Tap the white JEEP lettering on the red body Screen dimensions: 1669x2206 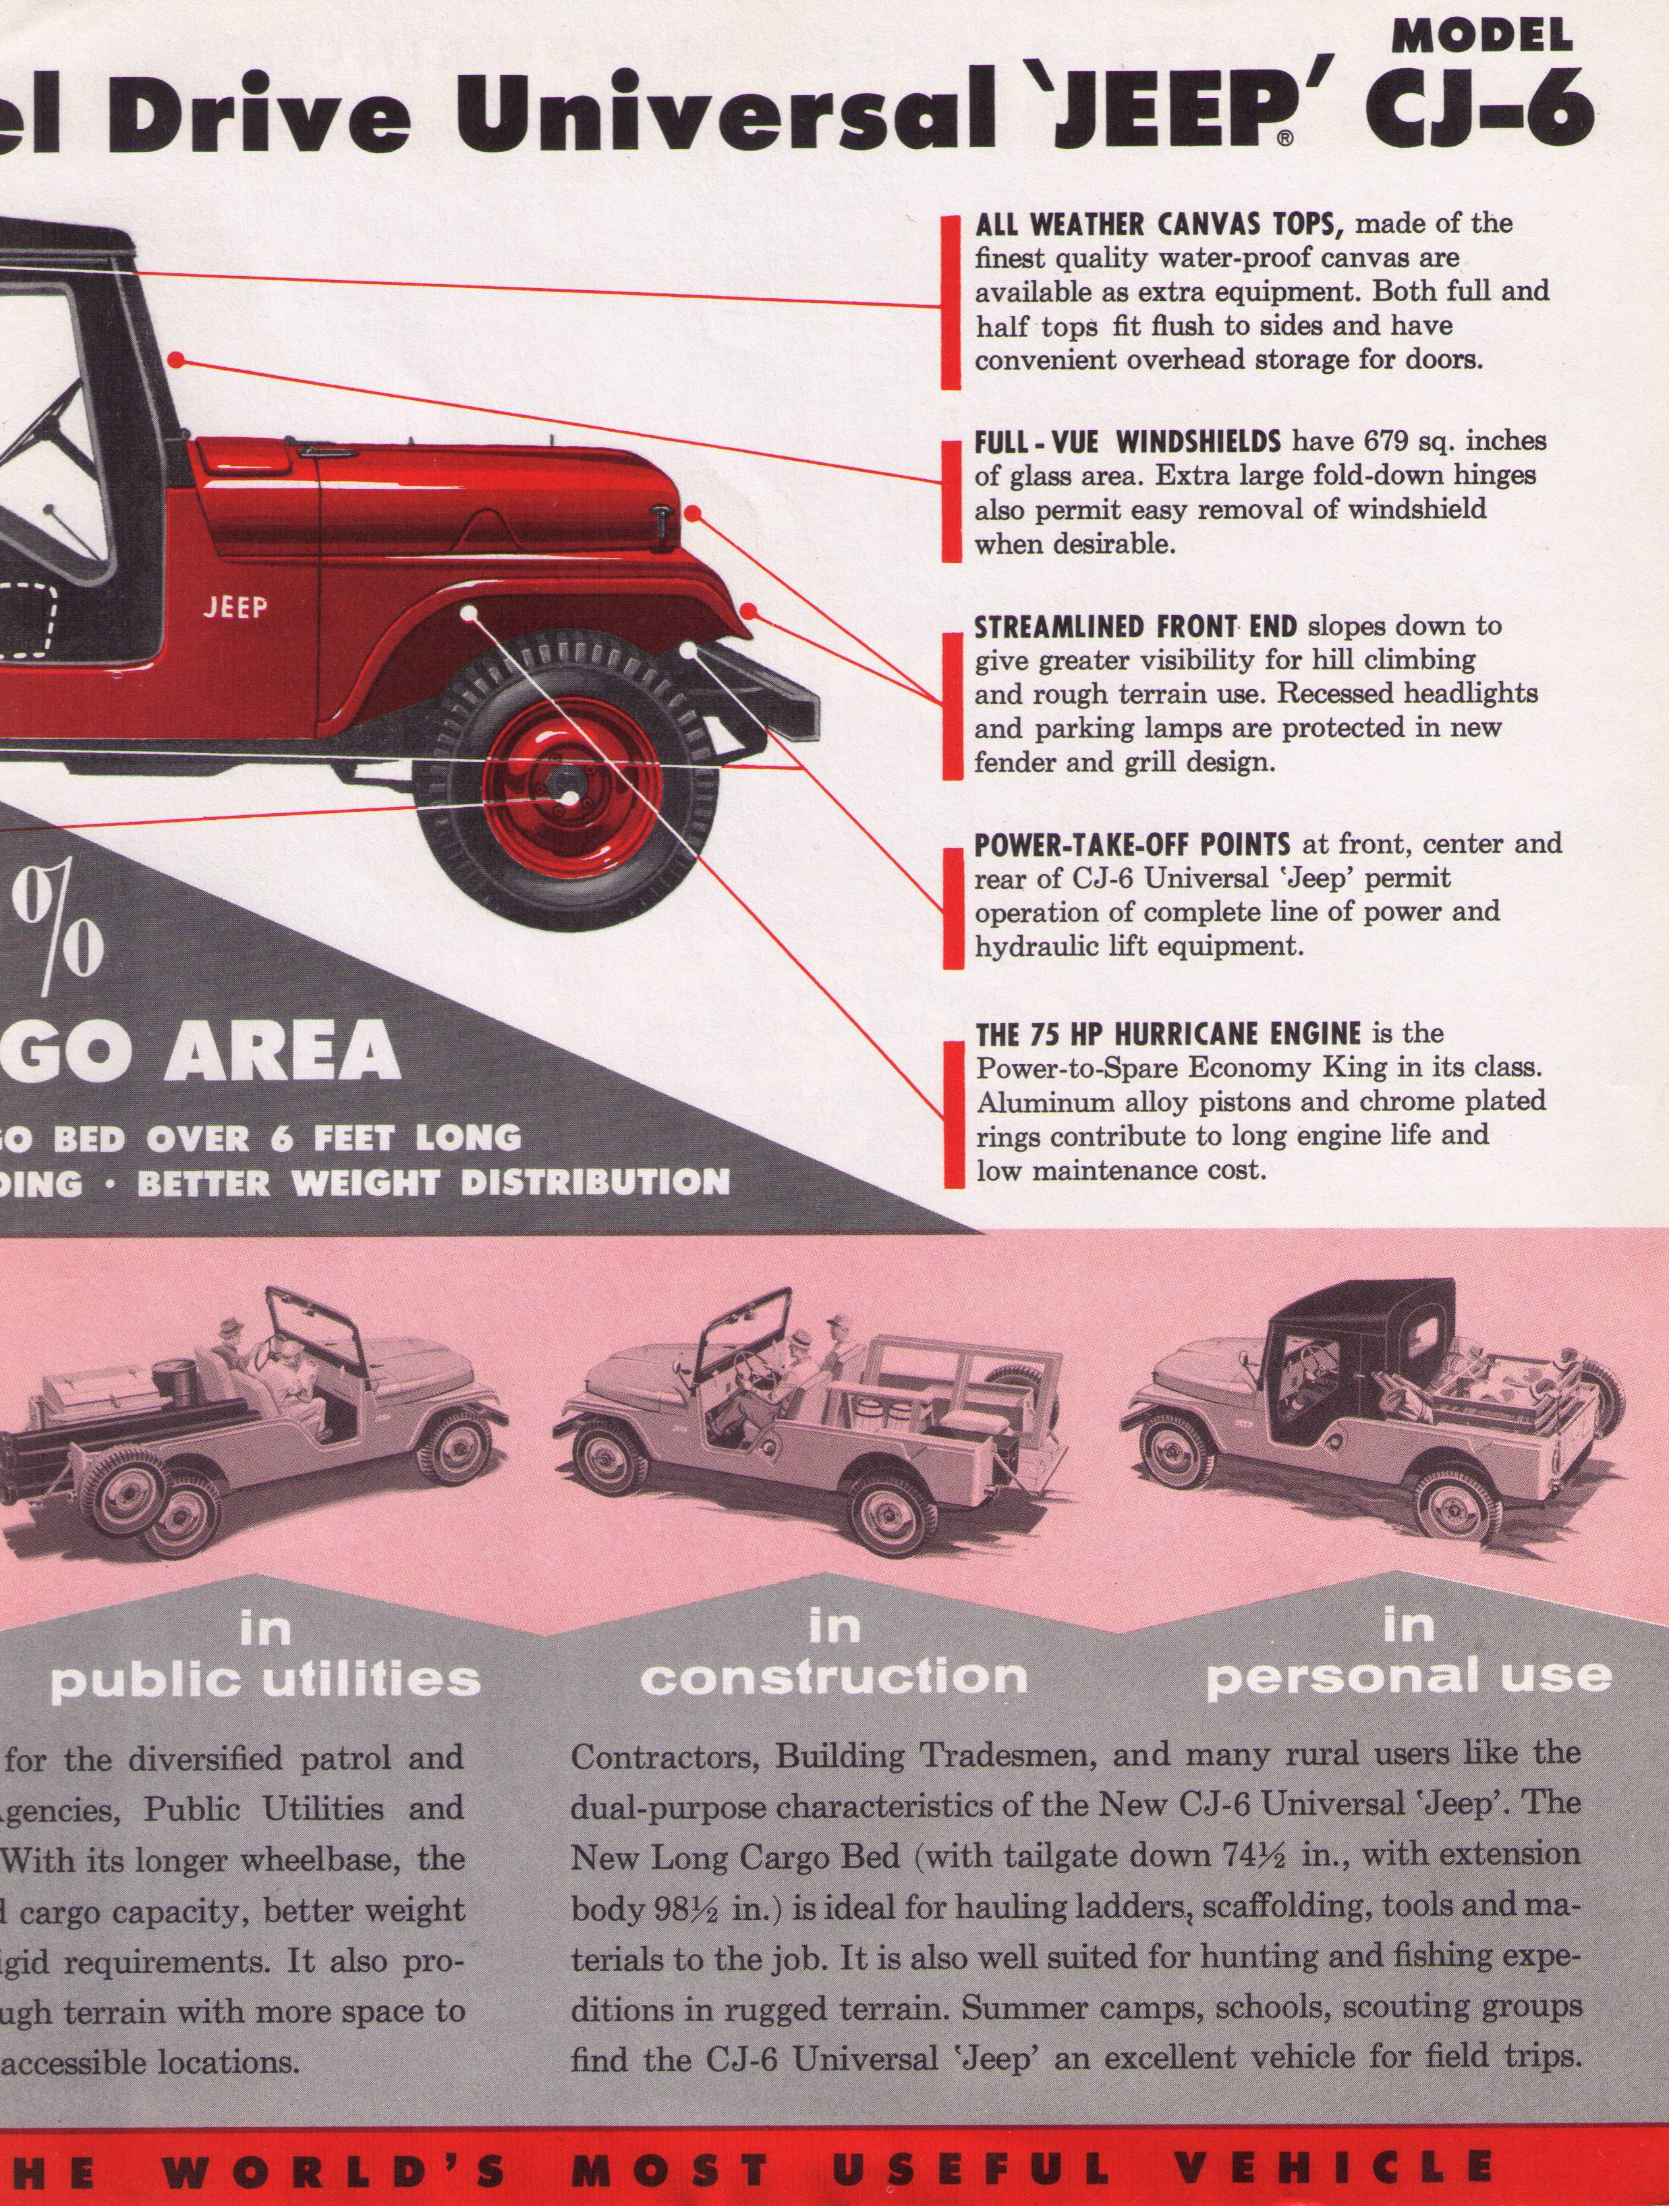tap(235, 607)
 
